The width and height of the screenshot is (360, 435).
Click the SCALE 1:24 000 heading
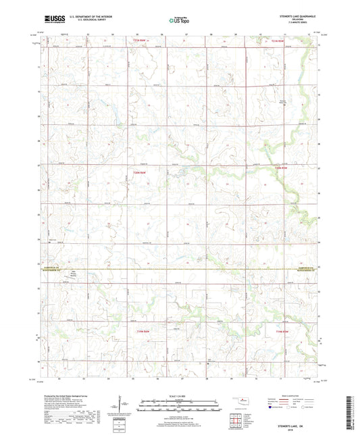(x=179, y=395)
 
